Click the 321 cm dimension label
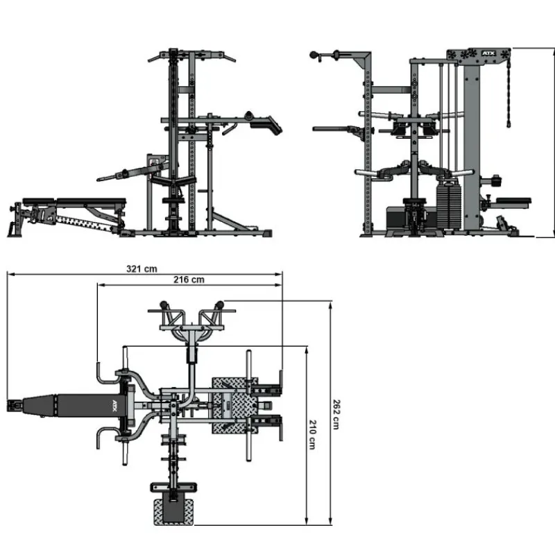tap(142, 269)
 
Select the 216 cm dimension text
tap(189, 280)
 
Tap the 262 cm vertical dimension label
tap(336, 414)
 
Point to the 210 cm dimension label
tap(312, 435)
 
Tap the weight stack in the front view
tap(449, 206)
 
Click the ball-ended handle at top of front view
tap(314, 55)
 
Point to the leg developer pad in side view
tap(266, 125)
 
